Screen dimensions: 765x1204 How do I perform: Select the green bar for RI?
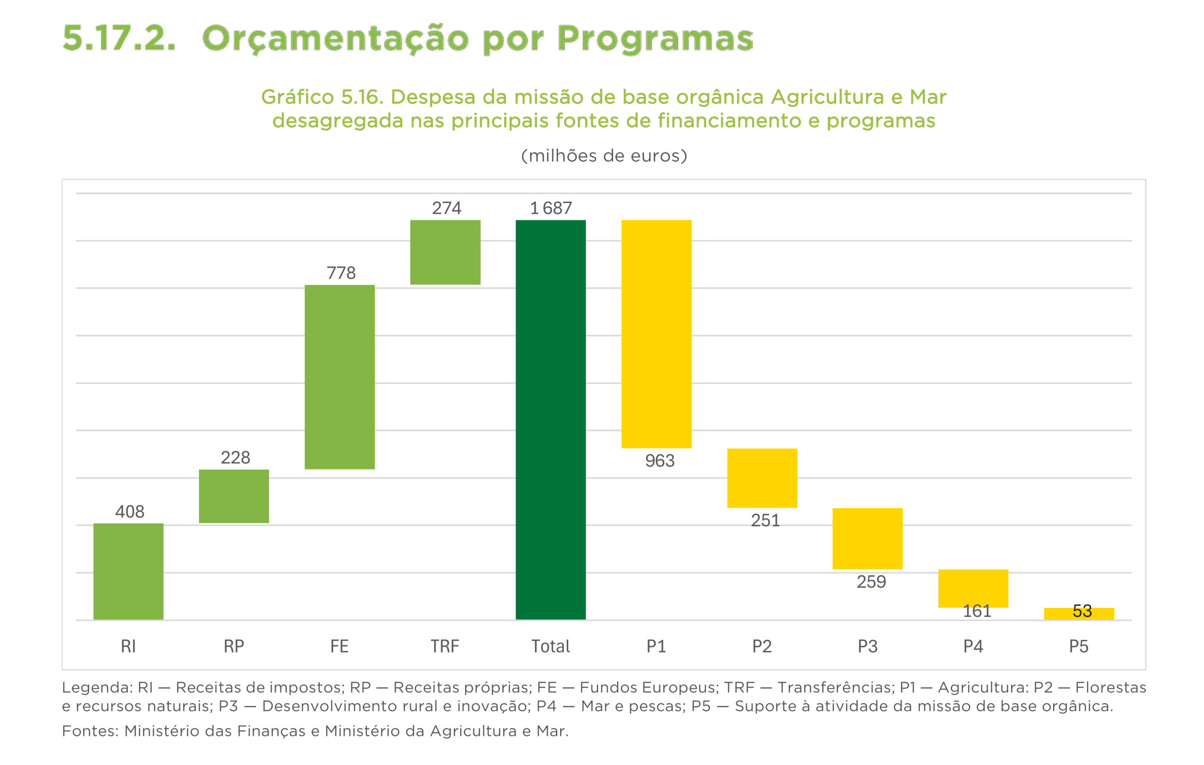pyautogui.click(x=128, y=571)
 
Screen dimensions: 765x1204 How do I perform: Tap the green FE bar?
pyautogui.click(x=340, y=377)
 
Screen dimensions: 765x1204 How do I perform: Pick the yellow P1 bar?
pyautogui.click(x=656, y=334)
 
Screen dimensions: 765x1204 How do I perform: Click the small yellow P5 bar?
pyautogui.click(x=1078, y=614)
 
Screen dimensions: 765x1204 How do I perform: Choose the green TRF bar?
pyautogui.click(x=445, y=252)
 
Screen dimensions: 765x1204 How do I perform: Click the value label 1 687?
pyautogui.click(x=550, y=208)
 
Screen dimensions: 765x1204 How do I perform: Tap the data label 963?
pyautogui.click(x=659, y=461)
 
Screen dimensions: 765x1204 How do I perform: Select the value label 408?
pyautogui.click(x=129, y=511)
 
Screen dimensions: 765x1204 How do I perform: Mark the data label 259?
pyautogui.click(x=871, y=582)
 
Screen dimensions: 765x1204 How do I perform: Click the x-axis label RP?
pyautogui.click(x=233, y=646)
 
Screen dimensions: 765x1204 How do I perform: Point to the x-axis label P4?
pyautogui.click(x=973, y=646)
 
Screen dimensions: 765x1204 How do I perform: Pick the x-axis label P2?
pyautogui.click(x=762, y=646)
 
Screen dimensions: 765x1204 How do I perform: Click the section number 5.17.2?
pyautogui.click(x=119, y=39)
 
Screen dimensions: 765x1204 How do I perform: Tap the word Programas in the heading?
pyautogui.click(x=655, y=39)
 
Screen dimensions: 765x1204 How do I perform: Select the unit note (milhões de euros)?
pyautogui.click(x=604, y=156)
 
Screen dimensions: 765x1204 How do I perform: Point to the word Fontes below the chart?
pyautogui.click(x=89, y=731)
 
